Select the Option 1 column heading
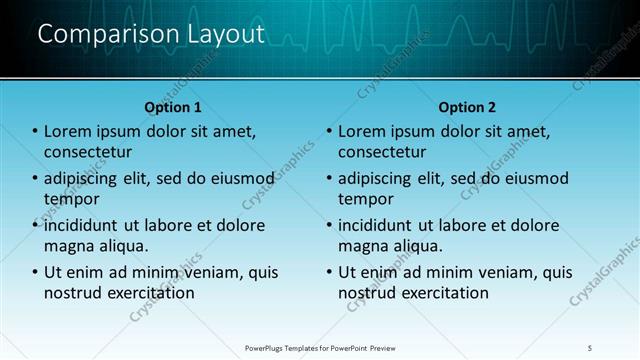pyautogui.click(x=173, y=107)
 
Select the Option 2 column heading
pyautogui.click(x=467, y=107)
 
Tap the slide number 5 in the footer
pyautogui.click(x=590, y=348)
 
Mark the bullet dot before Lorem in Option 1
pyautogui.click(x=35, y=132)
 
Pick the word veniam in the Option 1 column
pyautogui.click(x=215, y=272)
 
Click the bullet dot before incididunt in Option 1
pyautogui.click(x=35, y=226)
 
